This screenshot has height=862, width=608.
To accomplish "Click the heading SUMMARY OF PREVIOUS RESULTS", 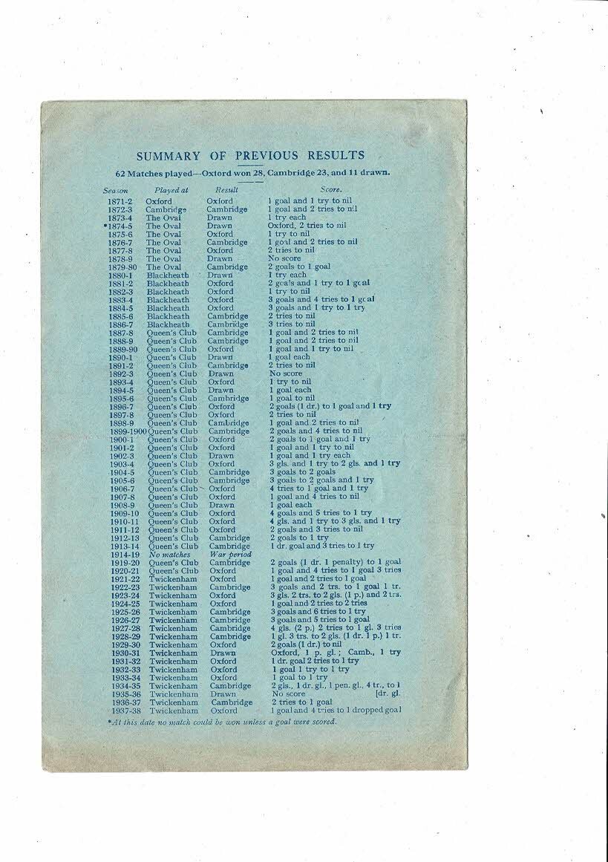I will [x=250, y=156].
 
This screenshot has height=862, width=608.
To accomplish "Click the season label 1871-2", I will [x=120, y=201].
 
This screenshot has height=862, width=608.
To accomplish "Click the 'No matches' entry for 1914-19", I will [x=169, y=555].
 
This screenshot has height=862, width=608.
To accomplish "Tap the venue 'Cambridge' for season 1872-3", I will [x=166, y=209].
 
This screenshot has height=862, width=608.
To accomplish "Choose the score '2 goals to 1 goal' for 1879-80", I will [x=299, y=267].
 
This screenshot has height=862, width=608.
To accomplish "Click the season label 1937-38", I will [x=122, y=711].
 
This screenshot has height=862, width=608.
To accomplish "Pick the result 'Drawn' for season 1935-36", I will [x=223, y=694].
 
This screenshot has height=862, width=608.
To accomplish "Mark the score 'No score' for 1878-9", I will [x=285, y=259].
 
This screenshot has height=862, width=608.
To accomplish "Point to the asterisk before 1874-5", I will [x=105, y=226].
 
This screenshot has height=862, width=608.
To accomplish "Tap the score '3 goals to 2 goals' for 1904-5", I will [x=302, y=472].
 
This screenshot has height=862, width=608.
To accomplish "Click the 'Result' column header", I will [x=226, y=190].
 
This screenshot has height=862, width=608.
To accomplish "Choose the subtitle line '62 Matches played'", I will [x=251, y=172].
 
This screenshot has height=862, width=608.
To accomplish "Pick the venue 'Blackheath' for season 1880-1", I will [x=168, y=275].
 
